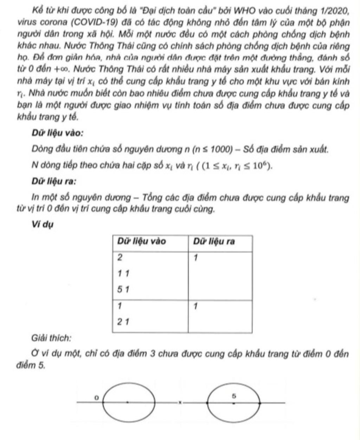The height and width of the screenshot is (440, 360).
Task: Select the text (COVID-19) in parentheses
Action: [93, 23]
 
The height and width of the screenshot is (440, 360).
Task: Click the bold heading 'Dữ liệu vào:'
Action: [58, 134]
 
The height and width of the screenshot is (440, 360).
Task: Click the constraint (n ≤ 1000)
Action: [214, 150]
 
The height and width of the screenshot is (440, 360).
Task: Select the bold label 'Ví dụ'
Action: [42, 224]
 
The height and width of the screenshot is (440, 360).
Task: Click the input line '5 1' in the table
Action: [123, 290]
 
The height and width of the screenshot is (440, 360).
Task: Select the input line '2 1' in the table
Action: [123, 321]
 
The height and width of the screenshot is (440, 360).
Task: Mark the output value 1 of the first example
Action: [196, 258]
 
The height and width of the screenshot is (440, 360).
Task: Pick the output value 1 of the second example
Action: [196, 307]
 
